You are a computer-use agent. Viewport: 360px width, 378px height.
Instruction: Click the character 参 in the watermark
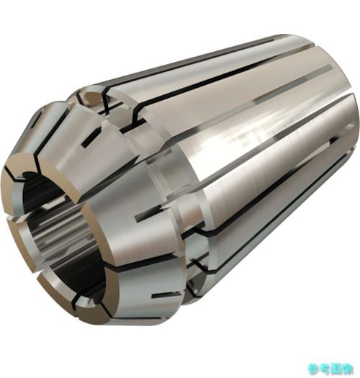coord(313,369)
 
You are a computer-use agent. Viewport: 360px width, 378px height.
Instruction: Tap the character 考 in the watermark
coord(324,369)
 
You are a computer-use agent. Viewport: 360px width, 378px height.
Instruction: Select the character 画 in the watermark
coord(336,369)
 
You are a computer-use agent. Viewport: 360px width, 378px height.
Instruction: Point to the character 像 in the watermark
coord(348,369)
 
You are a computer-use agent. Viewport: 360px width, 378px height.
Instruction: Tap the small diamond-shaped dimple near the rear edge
coord(349,126)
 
